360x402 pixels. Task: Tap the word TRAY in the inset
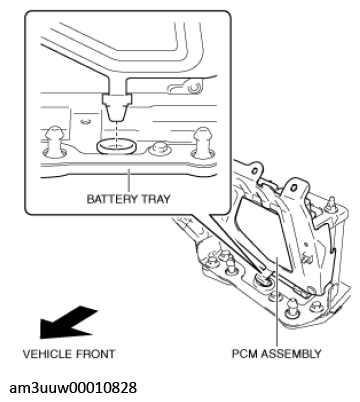[156, 199]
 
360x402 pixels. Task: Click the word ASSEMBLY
[290, 354]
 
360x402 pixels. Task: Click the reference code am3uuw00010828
[73, 388]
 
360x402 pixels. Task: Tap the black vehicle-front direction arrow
[68, 323]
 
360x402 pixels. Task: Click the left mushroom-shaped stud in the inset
[55, 141]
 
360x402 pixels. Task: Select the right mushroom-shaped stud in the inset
[202, 141]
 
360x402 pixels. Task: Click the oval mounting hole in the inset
[116, 146]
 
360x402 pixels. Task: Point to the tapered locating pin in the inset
[117, 107]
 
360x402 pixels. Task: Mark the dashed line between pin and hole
[117, 134]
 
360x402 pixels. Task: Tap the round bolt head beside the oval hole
[158, 149]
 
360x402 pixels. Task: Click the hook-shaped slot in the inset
[184, 87]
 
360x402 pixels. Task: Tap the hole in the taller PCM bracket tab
[294, 189]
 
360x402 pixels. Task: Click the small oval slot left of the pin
[86, 122]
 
